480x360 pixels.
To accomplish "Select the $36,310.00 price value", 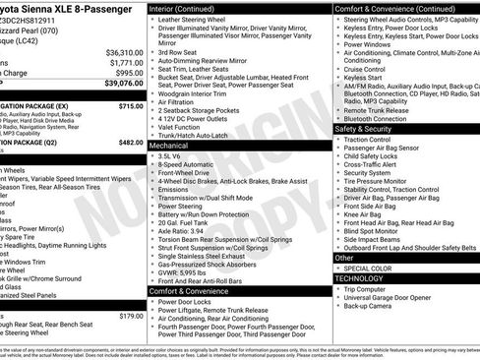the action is point(124,51).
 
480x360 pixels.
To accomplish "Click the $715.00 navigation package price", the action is point(131,105).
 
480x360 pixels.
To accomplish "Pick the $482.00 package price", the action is point(131,143).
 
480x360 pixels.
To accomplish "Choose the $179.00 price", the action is point(131,316).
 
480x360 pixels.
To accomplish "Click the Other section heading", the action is point(344,257).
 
